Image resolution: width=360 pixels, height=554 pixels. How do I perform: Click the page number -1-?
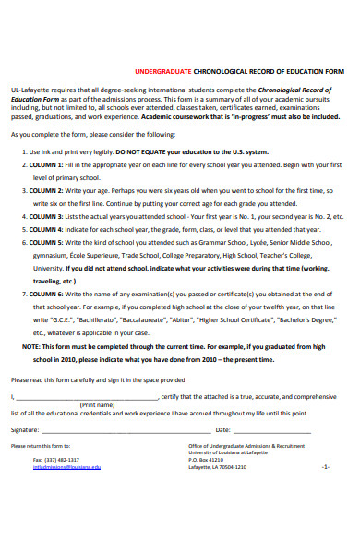tap(326, 467)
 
